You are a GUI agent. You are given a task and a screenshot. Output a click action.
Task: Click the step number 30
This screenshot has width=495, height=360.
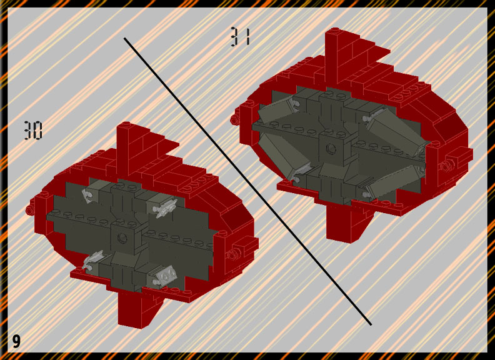(33, 130)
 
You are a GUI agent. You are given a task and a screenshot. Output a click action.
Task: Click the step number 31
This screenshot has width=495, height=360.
(241, 36)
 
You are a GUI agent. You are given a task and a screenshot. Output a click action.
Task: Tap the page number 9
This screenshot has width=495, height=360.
(16, 341)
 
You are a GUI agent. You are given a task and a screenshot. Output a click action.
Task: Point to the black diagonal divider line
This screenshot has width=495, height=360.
(247, 181)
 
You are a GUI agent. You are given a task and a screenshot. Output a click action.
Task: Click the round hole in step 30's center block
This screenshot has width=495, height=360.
(122, 237)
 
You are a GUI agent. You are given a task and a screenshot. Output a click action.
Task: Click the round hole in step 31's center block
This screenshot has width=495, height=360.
(331, 148)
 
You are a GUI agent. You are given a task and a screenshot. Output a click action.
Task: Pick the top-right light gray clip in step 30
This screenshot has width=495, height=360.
(164, 209)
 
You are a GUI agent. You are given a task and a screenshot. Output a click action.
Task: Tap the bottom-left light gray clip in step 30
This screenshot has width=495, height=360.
(93, 260)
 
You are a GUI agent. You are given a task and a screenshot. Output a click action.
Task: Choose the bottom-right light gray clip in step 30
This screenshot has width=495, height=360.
(164, 277)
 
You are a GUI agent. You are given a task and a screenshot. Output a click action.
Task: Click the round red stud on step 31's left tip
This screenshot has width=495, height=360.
(234, 119)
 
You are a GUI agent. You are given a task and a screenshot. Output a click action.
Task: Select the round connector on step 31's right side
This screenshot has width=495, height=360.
(447, 166)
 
